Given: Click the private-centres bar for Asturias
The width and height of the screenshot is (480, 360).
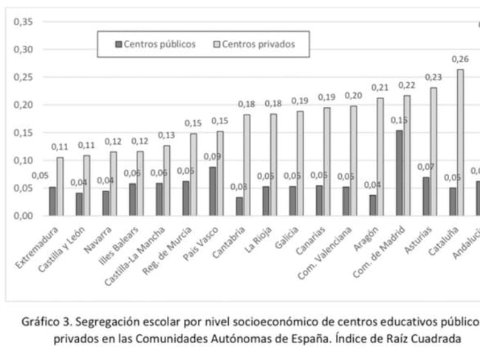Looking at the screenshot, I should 433,152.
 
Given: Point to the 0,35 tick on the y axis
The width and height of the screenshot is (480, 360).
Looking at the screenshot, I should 22,21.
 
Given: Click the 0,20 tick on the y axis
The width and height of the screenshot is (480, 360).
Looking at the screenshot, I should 22,105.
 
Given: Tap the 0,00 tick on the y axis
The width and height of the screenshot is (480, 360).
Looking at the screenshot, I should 22,216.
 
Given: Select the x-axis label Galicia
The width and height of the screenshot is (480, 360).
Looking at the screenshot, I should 288,237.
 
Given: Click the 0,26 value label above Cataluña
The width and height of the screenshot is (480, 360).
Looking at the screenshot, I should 460,59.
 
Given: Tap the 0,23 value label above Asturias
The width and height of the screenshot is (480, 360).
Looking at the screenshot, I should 433,77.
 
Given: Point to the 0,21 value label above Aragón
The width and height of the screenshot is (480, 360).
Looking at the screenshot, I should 380,87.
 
